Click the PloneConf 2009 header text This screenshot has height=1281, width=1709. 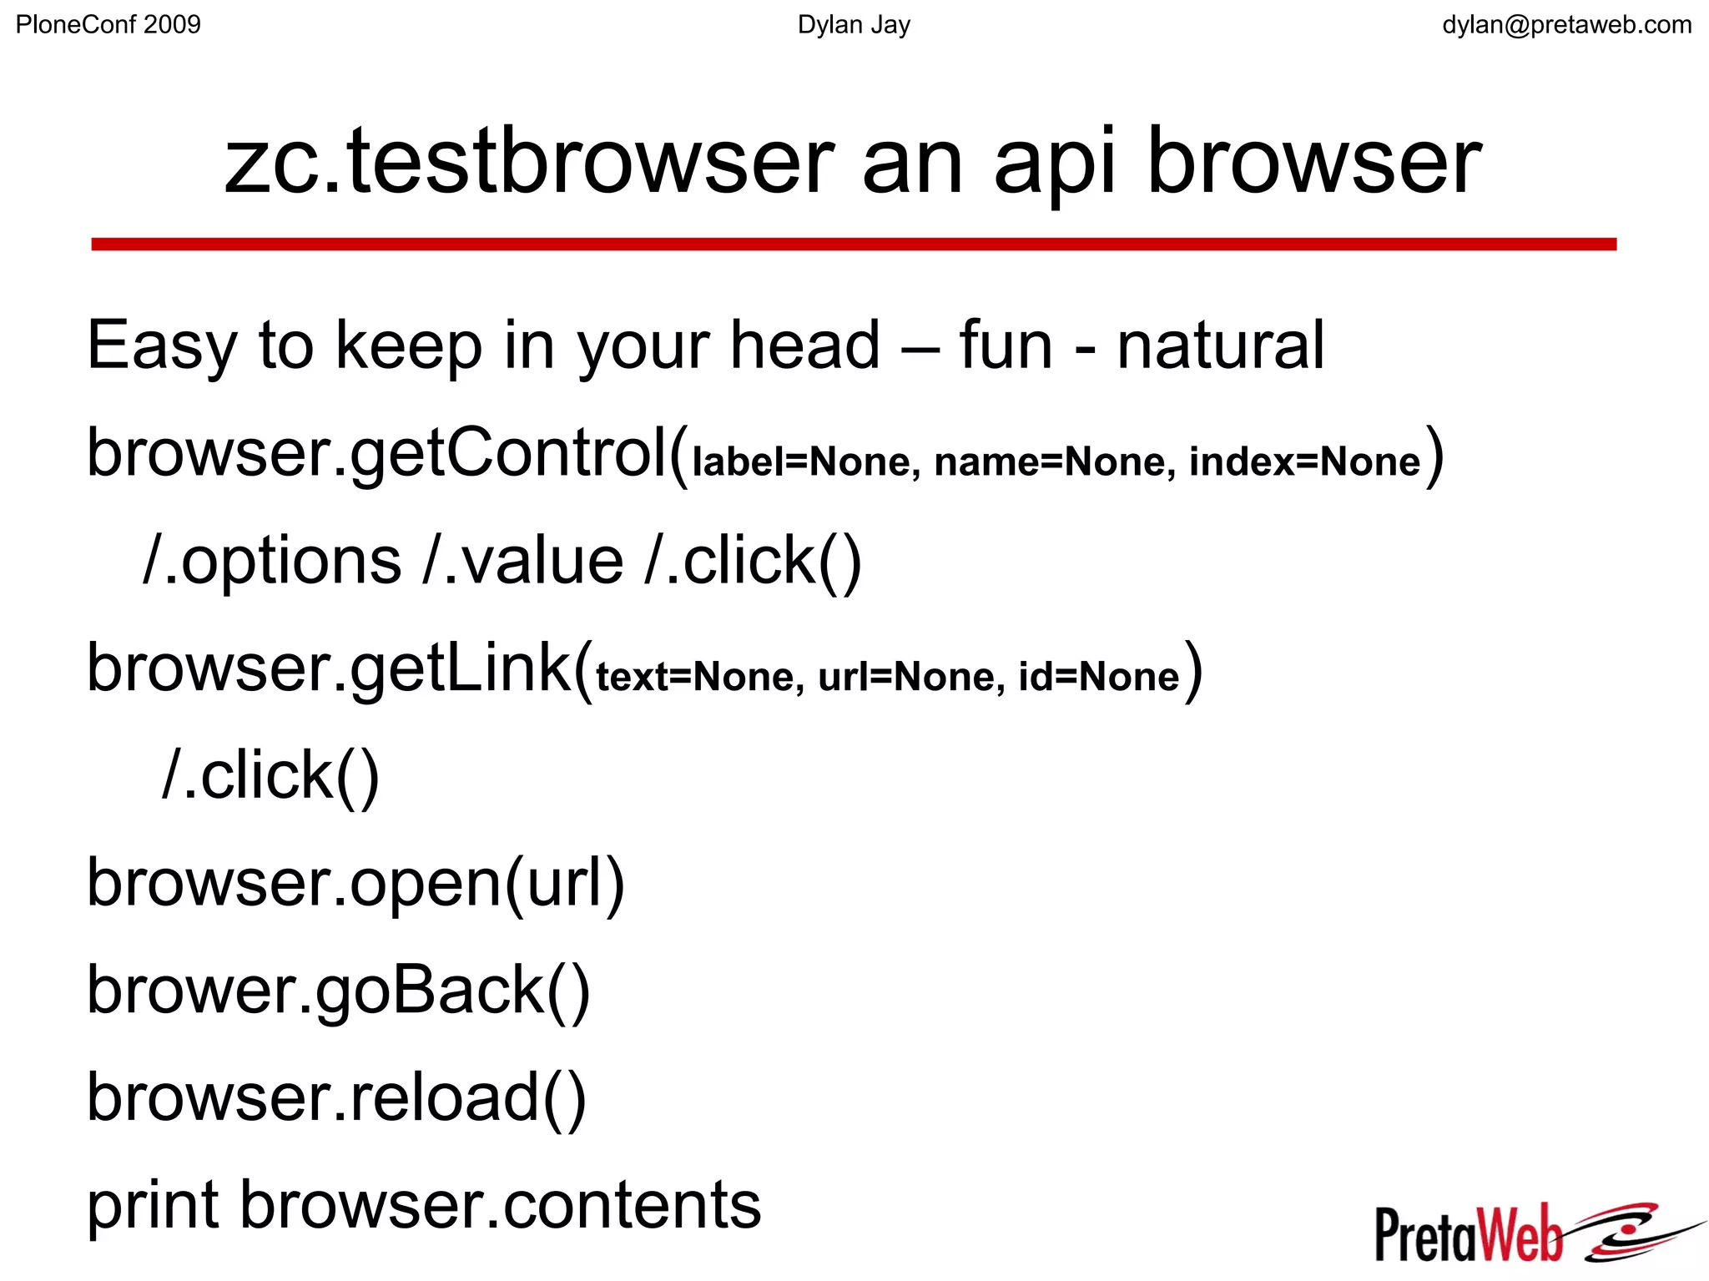pos(108,25)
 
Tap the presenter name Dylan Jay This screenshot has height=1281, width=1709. pos(854,25)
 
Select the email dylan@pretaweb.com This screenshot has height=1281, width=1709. pos(1566,25)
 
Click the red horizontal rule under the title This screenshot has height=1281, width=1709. pos(854,244)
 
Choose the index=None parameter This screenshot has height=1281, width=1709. pos(1304,461)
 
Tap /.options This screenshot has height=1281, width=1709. pos(272,561)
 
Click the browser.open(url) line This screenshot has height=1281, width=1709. pos(355,883)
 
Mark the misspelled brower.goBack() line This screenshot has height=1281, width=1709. pos(339,991)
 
